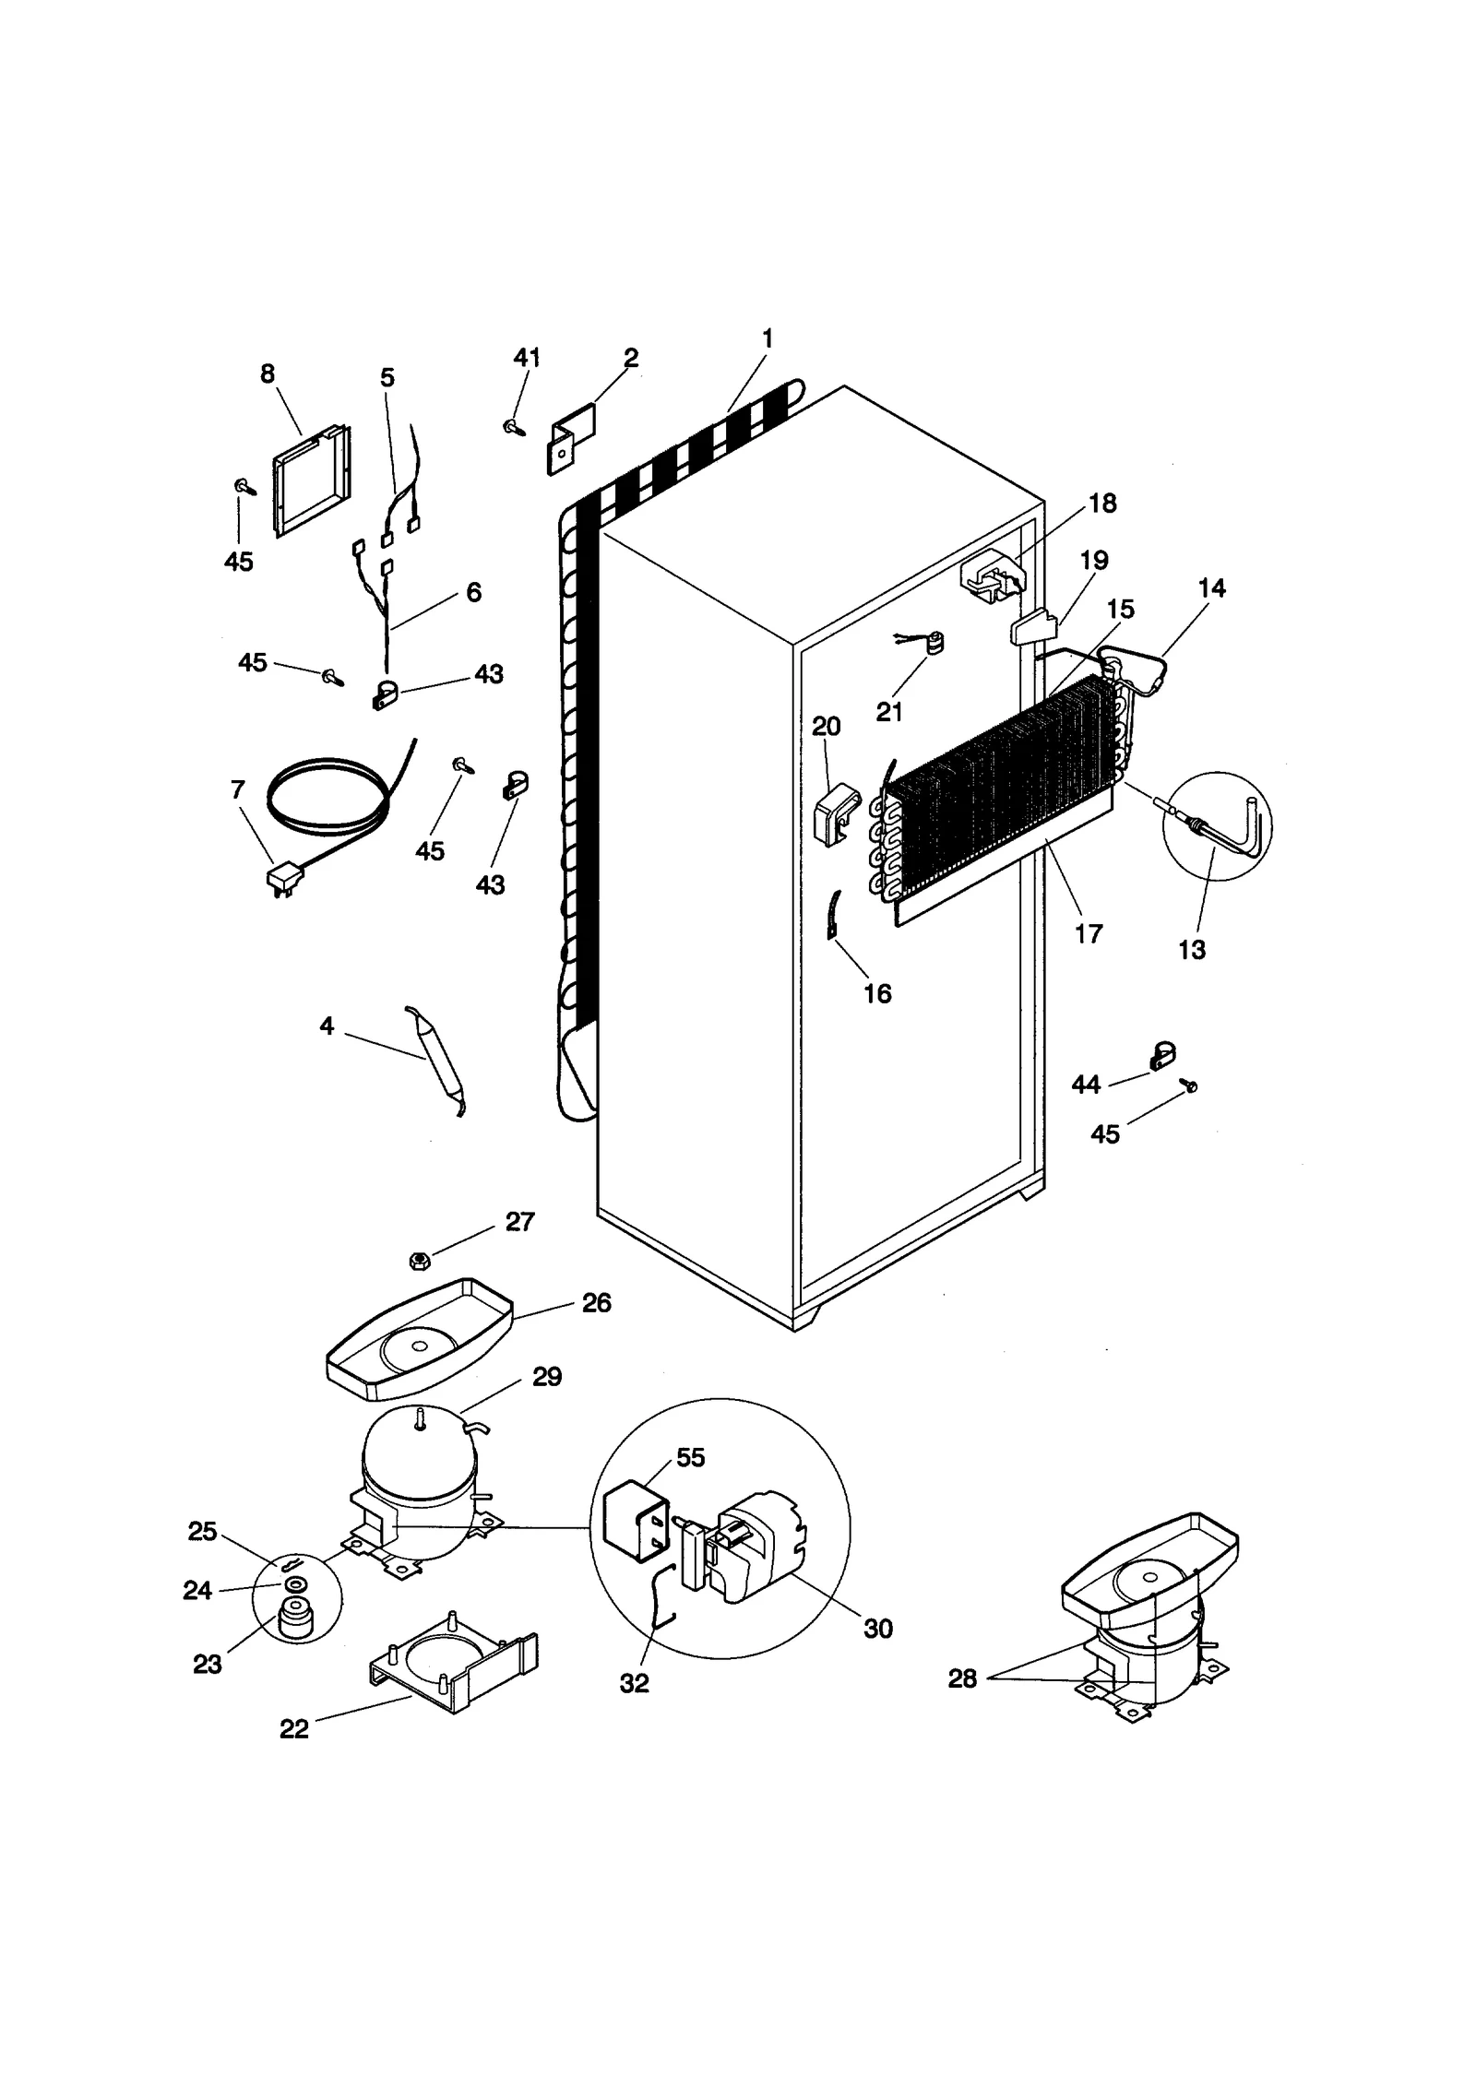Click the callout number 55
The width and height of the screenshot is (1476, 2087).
690,1457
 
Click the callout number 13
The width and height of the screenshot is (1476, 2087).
1191,949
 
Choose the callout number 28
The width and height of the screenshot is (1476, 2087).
962,1678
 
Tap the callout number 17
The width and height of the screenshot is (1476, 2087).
1088,933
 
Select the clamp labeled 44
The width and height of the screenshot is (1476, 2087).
1162,1056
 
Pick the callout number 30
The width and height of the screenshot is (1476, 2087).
877,1629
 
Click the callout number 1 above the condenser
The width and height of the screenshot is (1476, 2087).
767,338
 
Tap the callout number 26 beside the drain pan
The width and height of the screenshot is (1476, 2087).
596,1302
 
